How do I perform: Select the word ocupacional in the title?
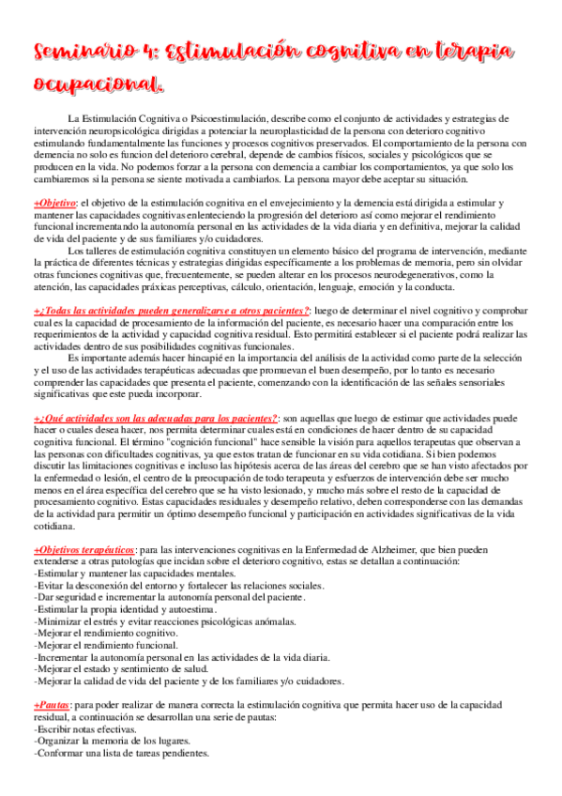point(99,85)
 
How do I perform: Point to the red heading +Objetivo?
point(54,203)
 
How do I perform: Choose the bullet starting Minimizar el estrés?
point(164,621)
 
